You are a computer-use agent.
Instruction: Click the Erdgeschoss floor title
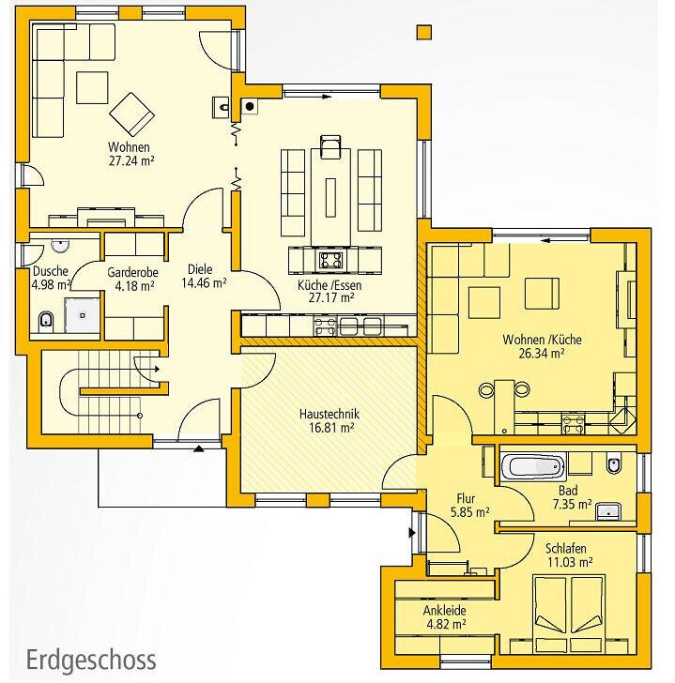point(91,660)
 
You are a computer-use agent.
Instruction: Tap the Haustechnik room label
point(330,414)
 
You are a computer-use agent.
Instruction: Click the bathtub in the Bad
point(533,466)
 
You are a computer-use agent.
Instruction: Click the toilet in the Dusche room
point(45,321)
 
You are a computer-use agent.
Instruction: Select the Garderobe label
point(132,273)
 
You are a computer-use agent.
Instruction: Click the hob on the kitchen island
point(330,260)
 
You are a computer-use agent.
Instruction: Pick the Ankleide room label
point(444,610)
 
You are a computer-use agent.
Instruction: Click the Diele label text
point(200,269)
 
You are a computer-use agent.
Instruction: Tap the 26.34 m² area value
point(542,353)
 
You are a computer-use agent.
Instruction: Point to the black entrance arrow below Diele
point(199,448)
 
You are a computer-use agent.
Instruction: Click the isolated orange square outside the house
point(424,33)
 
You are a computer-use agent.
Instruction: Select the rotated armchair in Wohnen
point(131,114)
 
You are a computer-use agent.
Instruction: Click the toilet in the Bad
point(614,464)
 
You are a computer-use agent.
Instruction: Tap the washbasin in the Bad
point(608,511)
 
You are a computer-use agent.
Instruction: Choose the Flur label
point(466,498)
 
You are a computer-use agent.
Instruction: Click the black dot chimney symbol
point(250,106)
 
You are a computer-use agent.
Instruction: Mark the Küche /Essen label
point(330,285)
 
